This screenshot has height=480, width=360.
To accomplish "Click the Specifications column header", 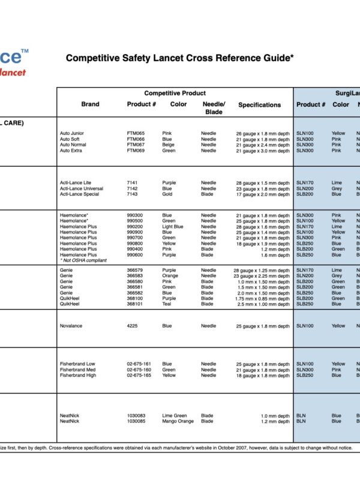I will (259, 105).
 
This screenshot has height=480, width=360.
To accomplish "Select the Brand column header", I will (90, 104).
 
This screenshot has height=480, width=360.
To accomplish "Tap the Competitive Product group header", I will (175, 93).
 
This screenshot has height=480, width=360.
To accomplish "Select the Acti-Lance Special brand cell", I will (79, 194).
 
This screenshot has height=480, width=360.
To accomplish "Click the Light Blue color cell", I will (173, 227).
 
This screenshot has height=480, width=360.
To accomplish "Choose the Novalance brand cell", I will (71, 326).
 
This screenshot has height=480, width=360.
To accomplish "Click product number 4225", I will (133, 326).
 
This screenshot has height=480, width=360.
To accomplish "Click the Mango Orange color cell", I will (178, 421).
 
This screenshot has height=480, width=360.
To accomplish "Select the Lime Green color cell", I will (175, 416).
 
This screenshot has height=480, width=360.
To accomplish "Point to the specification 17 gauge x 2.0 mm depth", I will (263, 194).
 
